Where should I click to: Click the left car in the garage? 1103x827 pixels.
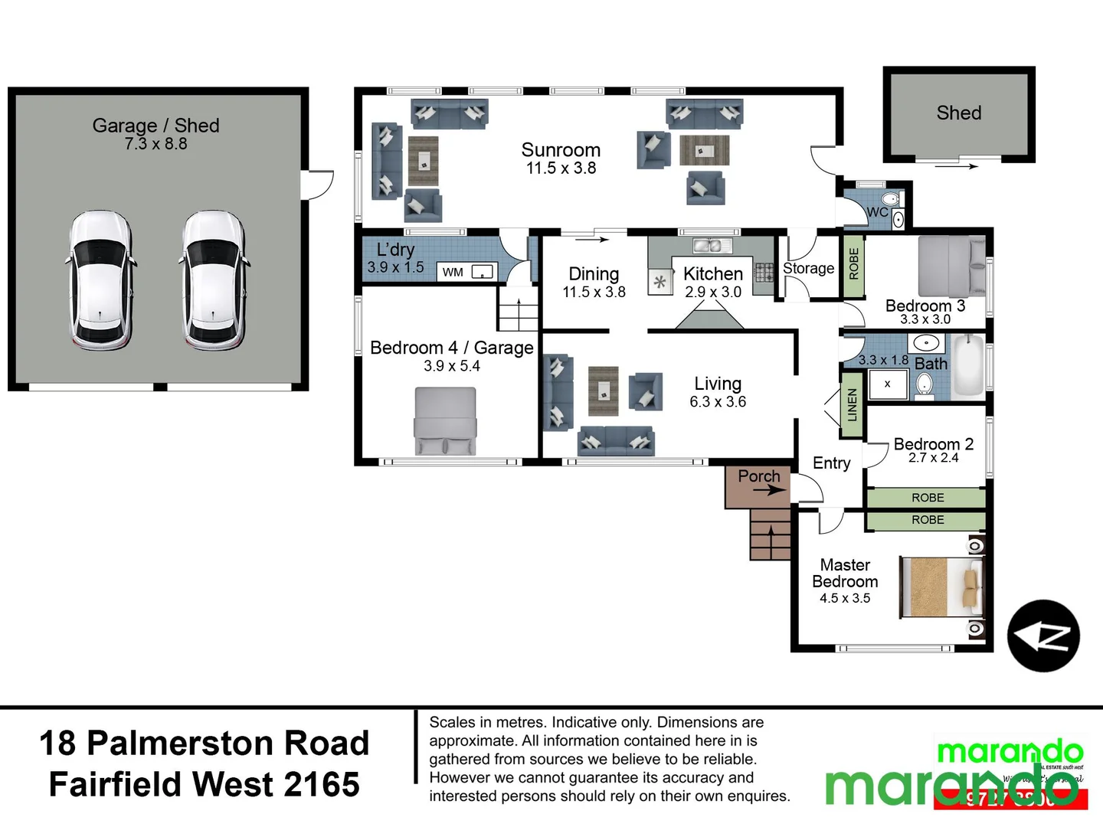click(100, 281)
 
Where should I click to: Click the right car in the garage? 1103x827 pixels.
click(214, 281)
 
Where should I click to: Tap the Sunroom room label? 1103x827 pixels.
click(561, 150)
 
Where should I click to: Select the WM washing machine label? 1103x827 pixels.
click(453, 272)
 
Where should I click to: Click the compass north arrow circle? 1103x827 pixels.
click(1043, 636)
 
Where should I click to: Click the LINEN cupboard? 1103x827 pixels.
click(852, 404)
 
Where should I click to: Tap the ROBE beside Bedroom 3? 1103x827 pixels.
click(853, 264)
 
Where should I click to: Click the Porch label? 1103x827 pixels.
click(758, 476)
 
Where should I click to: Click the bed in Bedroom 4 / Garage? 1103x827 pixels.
click(445, 421)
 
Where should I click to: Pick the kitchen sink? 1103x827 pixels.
click(707, 246)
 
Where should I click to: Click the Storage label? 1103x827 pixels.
click(808, 268)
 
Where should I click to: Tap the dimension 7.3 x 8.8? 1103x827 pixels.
click(155, 144)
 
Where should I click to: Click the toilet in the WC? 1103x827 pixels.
click(889, 200)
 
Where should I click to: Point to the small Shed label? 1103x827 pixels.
click(958, 113)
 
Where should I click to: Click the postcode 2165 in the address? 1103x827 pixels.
click(321, 785)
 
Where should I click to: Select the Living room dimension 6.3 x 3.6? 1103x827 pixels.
click(718, 402)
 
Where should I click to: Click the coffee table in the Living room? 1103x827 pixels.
click(604, 391)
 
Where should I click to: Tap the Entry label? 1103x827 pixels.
click(831, 463)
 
